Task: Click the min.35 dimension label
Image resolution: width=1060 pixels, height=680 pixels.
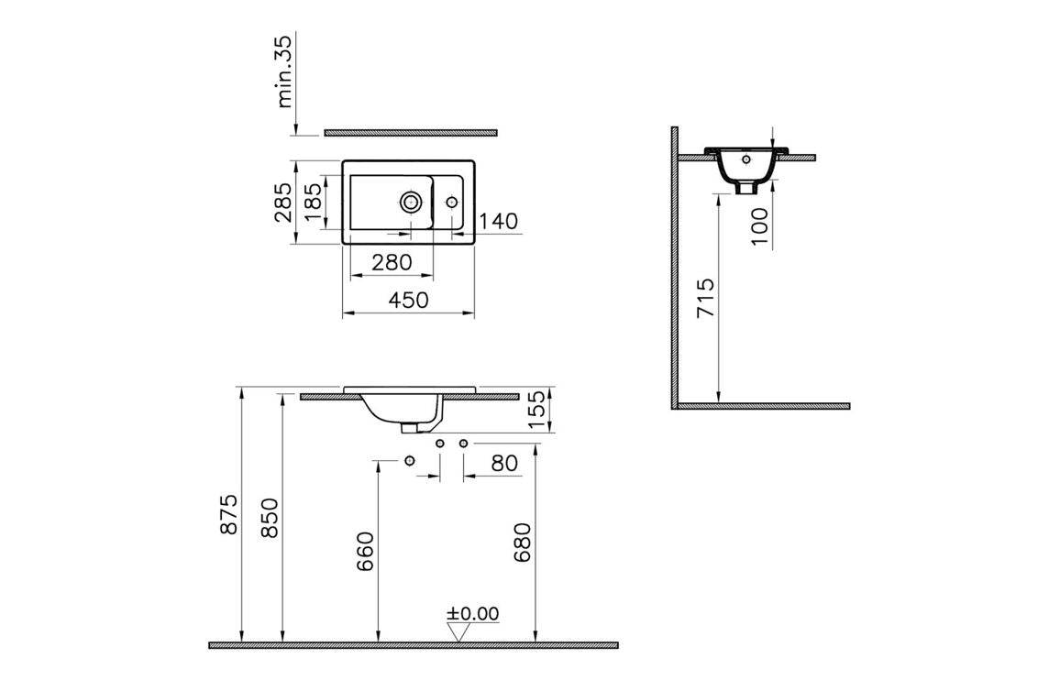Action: [x=284, y=71]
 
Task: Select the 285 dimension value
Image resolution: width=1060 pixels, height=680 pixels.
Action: [x=283, y=203]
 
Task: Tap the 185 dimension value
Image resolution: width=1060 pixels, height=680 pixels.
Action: [x=315, y=203]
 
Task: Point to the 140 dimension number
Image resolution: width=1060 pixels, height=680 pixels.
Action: [x=498, y=221]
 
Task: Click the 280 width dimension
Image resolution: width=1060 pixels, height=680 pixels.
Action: [x=392, y=261]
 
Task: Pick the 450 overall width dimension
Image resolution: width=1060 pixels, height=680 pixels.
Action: [x=408, y=299]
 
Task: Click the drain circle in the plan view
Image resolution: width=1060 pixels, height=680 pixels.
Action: [x=411, y=201]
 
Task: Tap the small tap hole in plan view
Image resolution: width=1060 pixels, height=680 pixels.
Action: [x=451, y=202]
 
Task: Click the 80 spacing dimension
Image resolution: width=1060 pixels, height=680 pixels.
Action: [x=504, y=463]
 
